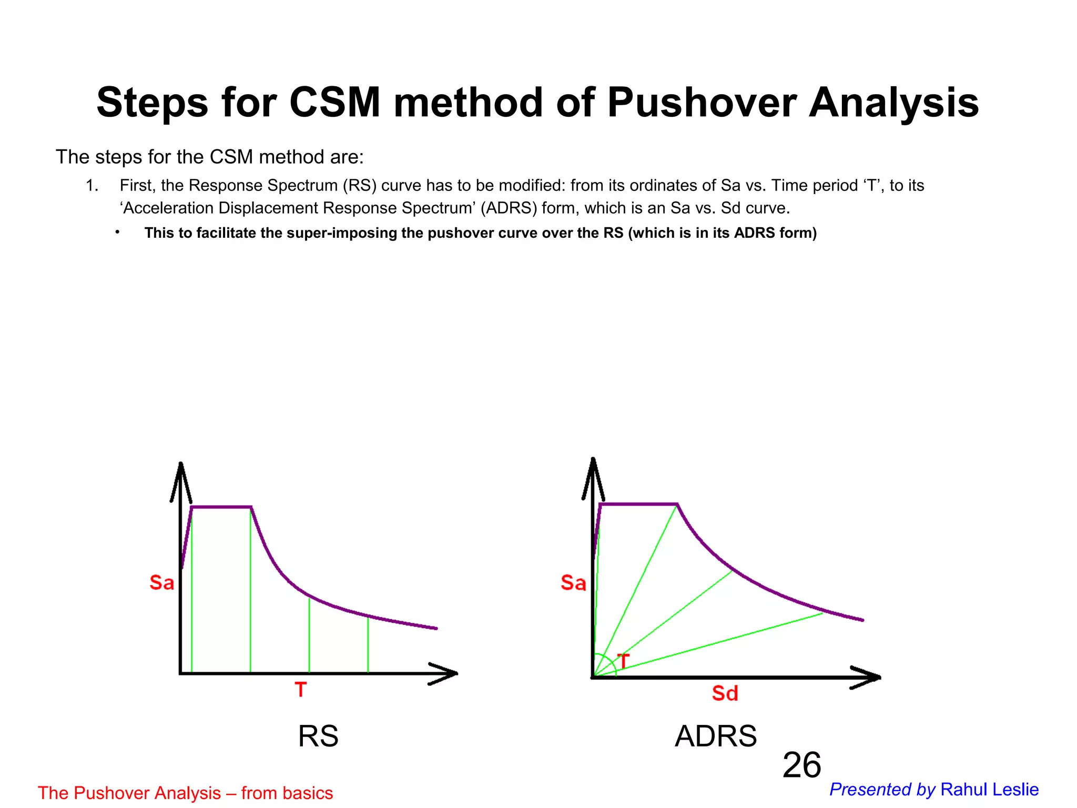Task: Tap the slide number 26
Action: (801, 765)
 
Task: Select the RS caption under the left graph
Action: (318, 735)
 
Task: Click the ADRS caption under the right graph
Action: (716, 735)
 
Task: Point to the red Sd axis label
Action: (725, 693)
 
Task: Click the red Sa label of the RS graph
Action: (161, 582)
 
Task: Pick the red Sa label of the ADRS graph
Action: (573, 582)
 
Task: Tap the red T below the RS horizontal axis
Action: (300, 689)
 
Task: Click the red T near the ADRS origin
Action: (624, 661)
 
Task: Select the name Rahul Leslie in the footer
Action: (989, 790)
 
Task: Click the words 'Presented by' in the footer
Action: (882, 790)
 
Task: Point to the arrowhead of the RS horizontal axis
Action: (447, 673)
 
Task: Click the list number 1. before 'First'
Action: (92, 186)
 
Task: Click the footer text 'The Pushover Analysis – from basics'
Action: (185, 793)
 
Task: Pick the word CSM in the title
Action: (334, 103)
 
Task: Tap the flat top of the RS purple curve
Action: (221, 507)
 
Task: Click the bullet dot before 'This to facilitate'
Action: (118, 232)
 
